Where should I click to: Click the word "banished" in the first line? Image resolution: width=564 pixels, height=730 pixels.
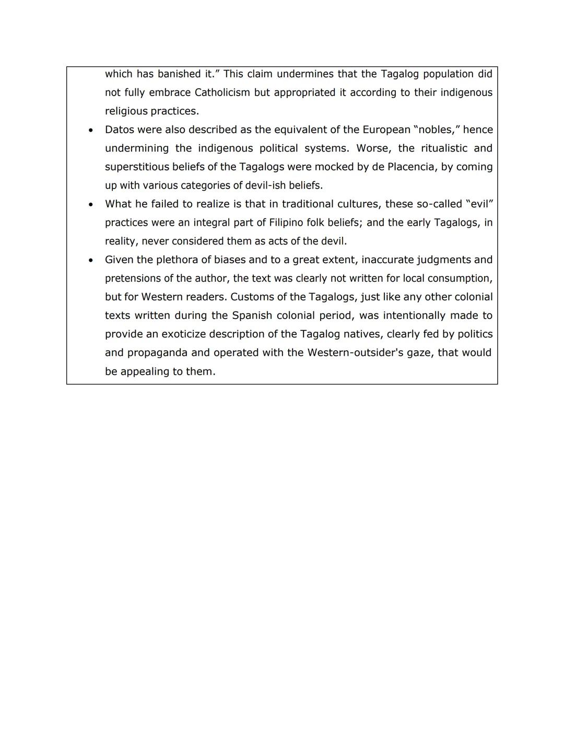click(x=179, y=74)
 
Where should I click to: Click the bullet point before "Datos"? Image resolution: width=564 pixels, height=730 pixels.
click(x=91, y=130)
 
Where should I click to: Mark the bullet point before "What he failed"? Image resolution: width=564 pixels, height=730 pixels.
click(x=91, y=204)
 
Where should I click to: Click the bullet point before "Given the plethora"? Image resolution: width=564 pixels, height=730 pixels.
click(x=91, y=260)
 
